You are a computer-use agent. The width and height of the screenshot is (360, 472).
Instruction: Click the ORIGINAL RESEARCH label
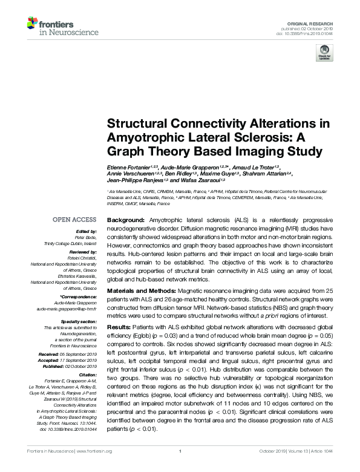pyautogui.click(x=313, y=22)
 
